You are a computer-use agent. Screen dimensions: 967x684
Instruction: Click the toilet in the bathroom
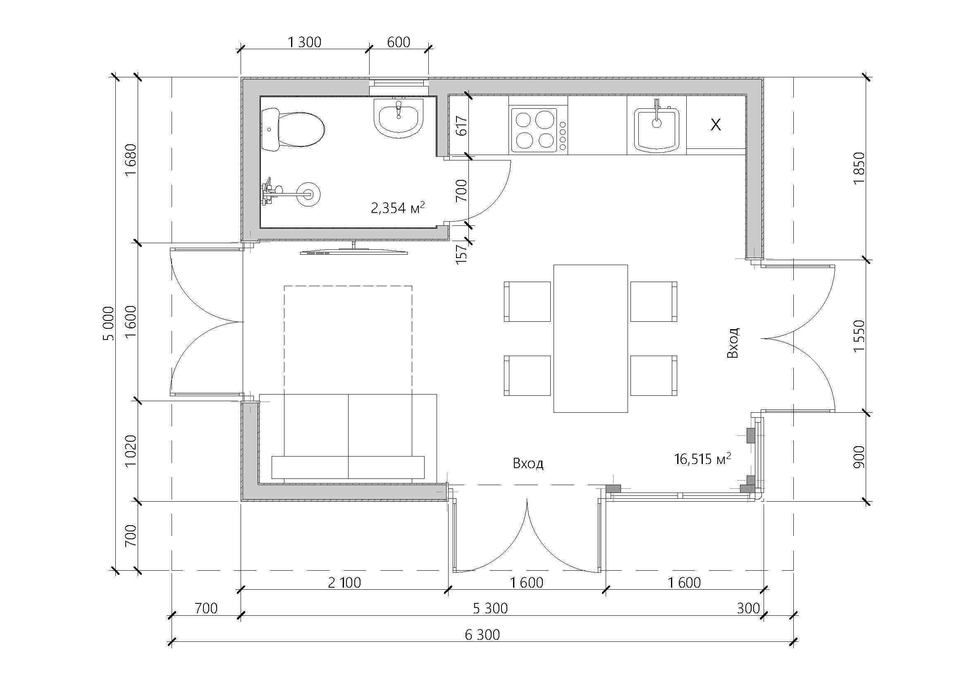[x=293, y=129]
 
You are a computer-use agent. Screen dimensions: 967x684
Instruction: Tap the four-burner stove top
[x=538, y=130]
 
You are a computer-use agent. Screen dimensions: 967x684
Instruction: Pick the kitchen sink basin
[x=657, y=129]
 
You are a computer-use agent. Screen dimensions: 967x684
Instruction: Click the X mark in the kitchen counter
[x=716, y=124]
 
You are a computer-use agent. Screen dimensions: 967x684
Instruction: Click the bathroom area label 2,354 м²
[x=397, y=208]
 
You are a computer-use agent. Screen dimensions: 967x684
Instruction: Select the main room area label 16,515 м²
[x=702, y=459]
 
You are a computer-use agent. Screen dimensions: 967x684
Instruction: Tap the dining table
[x=590, y=338]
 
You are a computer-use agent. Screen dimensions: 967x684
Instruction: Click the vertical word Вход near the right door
[x=733, y=342]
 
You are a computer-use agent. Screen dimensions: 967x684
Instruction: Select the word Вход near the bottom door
[x=528, y=464]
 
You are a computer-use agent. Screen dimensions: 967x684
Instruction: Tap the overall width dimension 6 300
[x=482, y=634]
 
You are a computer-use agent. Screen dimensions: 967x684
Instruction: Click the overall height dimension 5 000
[x=108, y=323]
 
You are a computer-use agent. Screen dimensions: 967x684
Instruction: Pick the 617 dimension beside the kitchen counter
[x=462, y=126]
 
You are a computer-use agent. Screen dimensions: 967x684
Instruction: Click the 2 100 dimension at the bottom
[x=344, y=583]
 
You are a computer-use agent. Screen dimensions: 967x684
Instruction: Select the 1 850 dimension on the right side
[x=859, y=167]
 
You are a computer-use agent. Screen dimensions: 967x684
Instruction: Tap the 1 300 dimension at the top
[x=304, y=42]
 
